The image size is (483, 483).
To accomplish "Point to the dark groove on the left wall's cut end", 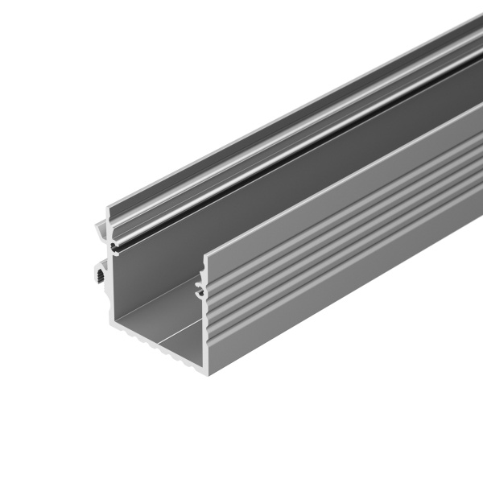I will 116,242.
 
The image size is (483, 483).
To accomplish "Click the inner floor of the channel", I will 153,322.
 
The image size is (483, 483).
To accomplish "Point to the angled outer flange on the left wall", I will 101,229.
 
